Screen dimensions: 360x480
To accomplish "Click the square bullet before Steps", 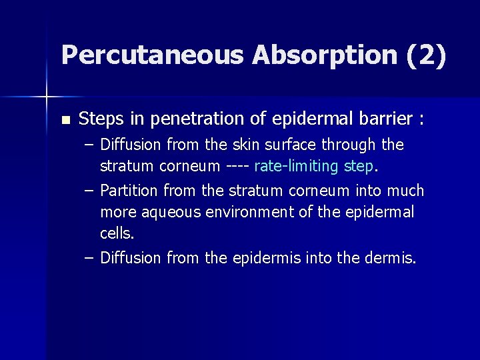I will point(65,121).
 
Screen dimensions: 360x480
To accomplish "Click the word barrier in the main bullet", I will point(375,119).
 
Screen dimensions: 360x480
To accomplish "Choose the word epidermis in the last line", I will point(267,258).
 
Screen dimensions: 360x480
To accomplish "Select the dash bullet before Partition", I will point(89,191).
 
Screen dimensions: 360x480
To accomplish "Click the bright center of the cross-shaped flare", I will point(47,97).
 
